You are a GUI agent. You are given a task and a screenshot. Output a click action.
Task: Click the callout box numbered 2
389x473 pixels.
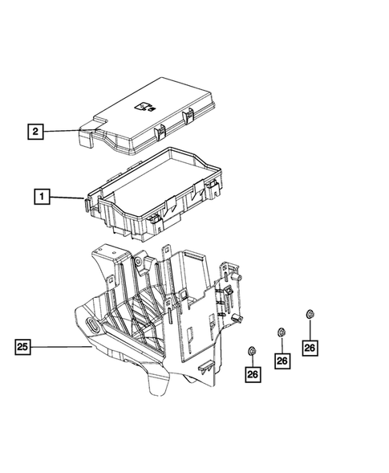click(34, 129)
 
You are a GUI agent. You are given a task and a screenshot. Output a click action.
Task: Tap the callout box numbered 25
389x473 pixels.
click(25, 348)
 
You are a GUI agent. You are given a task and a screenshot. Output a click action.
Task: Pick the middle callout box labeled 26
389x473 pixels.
click(282, 361)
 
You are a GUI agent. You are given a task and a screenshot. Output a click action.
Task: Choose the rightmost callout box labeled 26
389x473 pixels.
click(310, 347)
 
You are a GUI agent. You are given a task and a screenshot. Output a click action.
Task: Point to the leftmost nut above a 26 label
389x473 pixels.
click(252, 350)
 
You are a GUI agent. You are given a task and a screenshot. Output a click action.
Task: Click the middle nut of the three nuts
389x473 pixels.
click(280, 332)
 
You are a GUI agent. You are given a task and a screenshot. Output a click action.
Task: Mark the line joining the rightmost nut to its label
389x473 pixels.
click(310, 328)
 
